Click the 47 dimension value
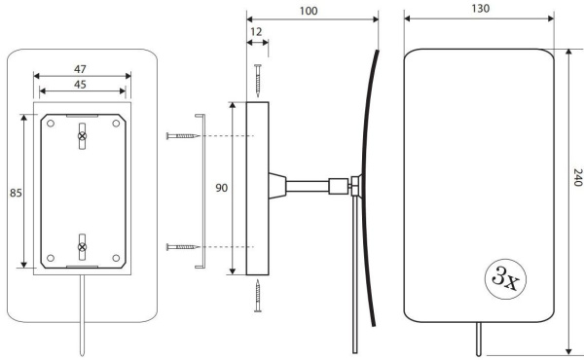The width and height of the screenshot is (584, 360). click(80, 69)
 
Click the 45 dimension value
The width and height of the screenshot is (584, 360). click(80, 85)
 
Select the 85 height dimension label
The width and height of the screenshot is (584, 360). click(16, 193)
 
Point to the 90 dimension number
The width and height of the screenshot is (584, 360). click(221, 188)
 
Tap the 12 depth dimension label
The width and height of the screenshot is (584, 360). click(256, 32)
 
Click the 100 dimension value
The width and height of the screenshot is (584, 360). click(309, 11)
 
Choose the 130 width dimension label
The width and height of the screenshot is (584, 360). click(481, 9)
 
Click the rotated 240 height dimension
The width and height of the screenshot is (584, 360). click(577, 177)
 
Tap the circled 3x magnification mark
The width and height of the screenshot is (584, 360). click(505, 279)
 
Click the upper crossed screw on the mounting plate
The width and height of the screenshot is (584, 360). click(83, 136)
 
